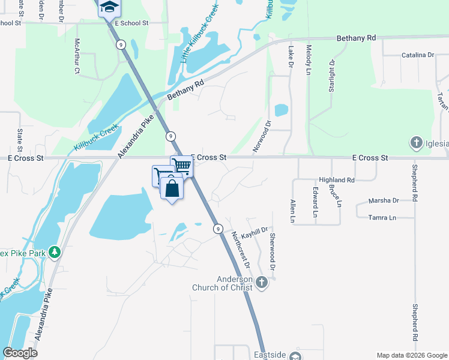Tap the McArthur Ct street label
tap(77, 56)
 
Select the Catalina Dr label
tap(417, 55)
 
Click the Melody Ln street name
tap(309, 59)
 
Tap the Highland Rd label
tap(337, 179)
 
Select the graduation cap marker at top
tap(109, 8)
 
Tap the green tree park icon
tap(55, 252)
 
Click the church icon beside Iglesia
tap(417, 143)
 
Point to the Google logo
tap(20, 353)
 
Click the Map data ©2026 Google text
tap(411, 355)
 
